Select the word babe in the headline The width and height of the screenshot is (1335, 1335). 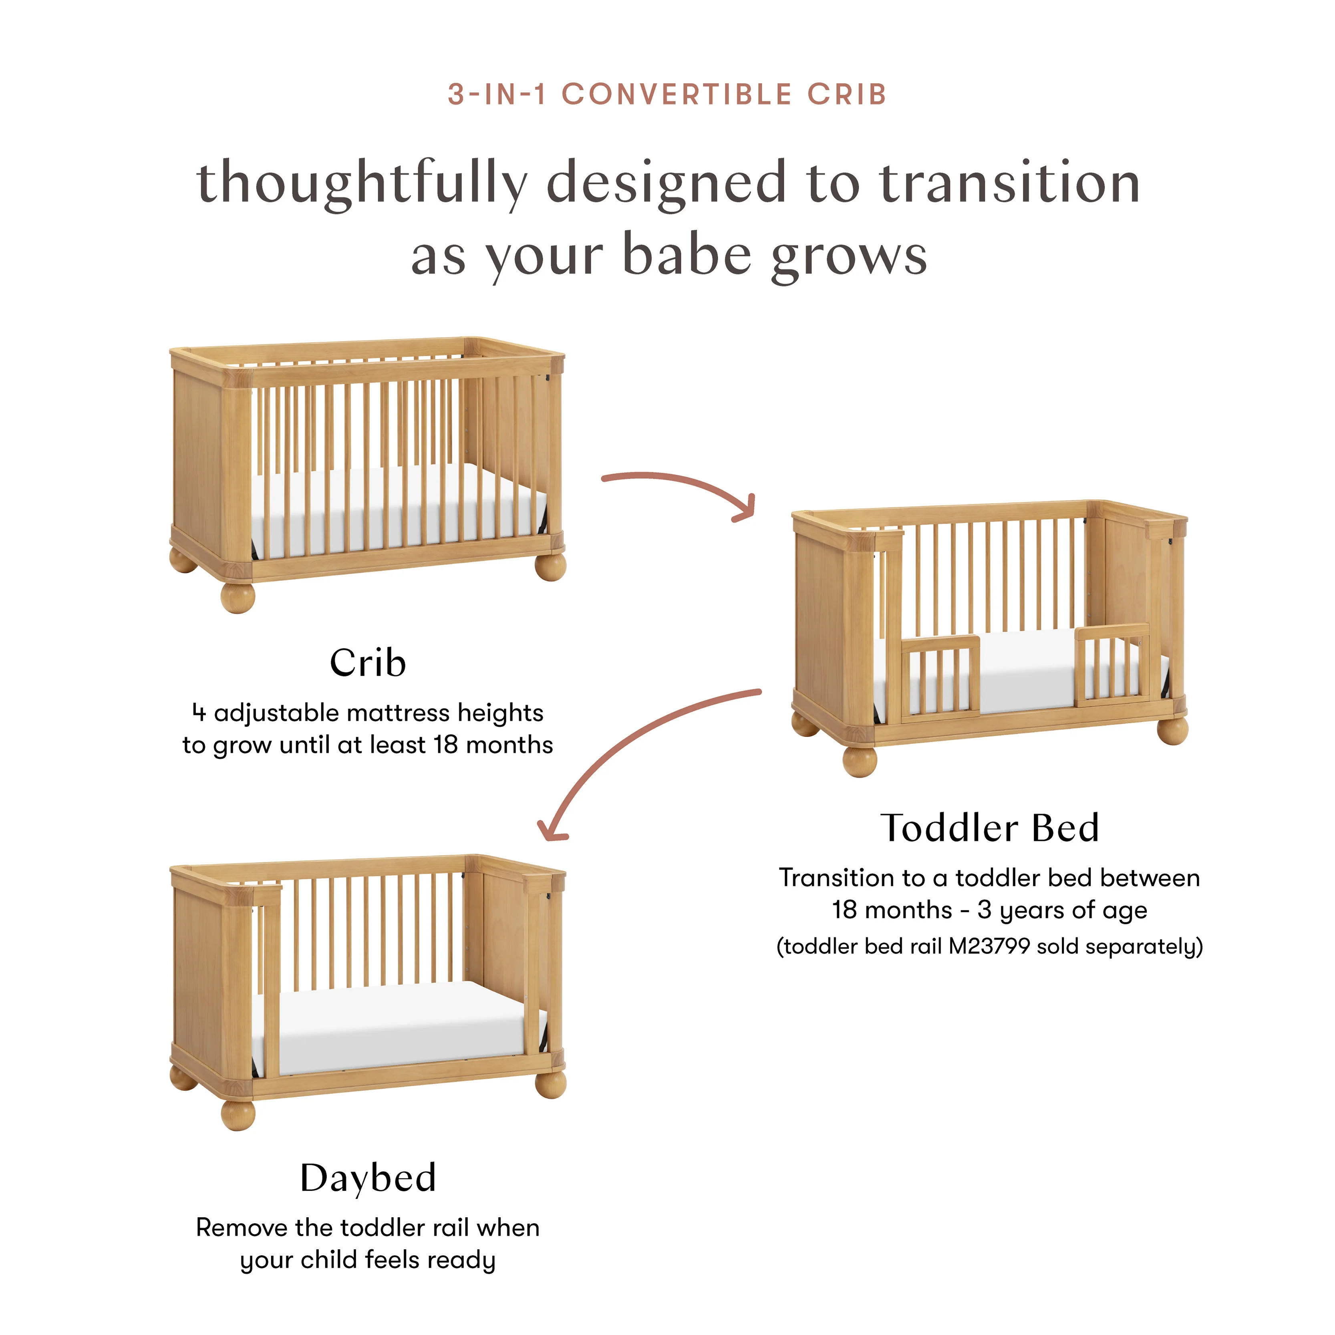pos(686,256)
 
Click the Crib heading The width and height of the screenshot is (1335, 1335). pos(368,663)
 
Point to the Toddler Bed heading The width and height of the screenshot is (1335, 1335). pos(989,828)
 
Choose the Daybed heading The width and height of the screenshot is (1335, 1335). pos(368,1178)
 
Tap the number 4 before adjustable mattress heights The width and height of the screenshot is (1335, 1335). pos(199,713)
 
